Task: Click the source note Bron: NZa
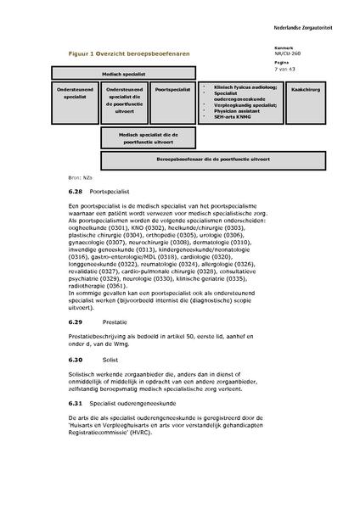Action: click(x=77, y=177)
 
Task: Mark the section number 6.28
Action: click(x=76, y=193)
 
